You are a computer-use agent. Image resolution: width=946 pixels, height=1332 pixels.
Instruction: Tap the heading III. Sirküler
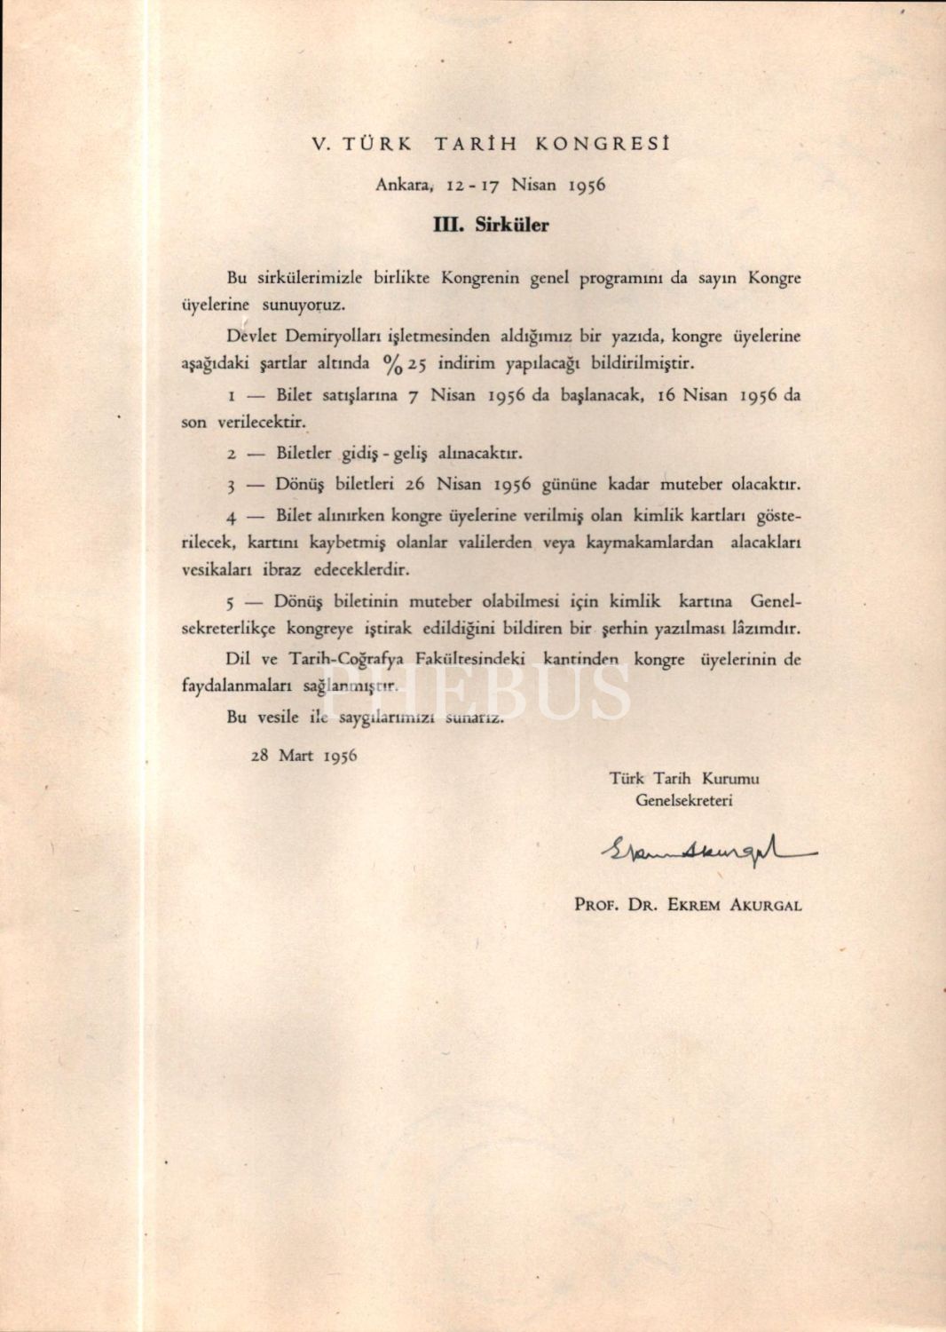[490, 225]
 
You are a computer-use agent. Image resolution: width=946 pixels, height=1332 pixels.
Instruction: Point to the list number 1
[231, 397]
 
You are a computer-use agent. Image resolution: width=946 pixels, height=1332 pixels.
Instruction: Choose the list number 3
[230, 486]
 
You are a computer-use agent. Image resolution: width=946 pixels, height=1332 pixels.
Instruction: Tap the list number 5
[230, 603]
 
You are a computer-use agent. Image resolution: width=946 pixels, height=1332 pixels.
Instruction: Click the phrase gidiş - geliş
[384, 454]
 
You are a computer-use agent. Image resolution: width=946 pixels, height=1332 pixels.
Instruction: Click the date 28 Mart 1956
[304, 756]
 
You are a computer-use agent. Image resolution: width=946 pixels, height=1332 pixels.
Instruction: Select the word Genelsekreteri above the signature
[683, 800]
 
